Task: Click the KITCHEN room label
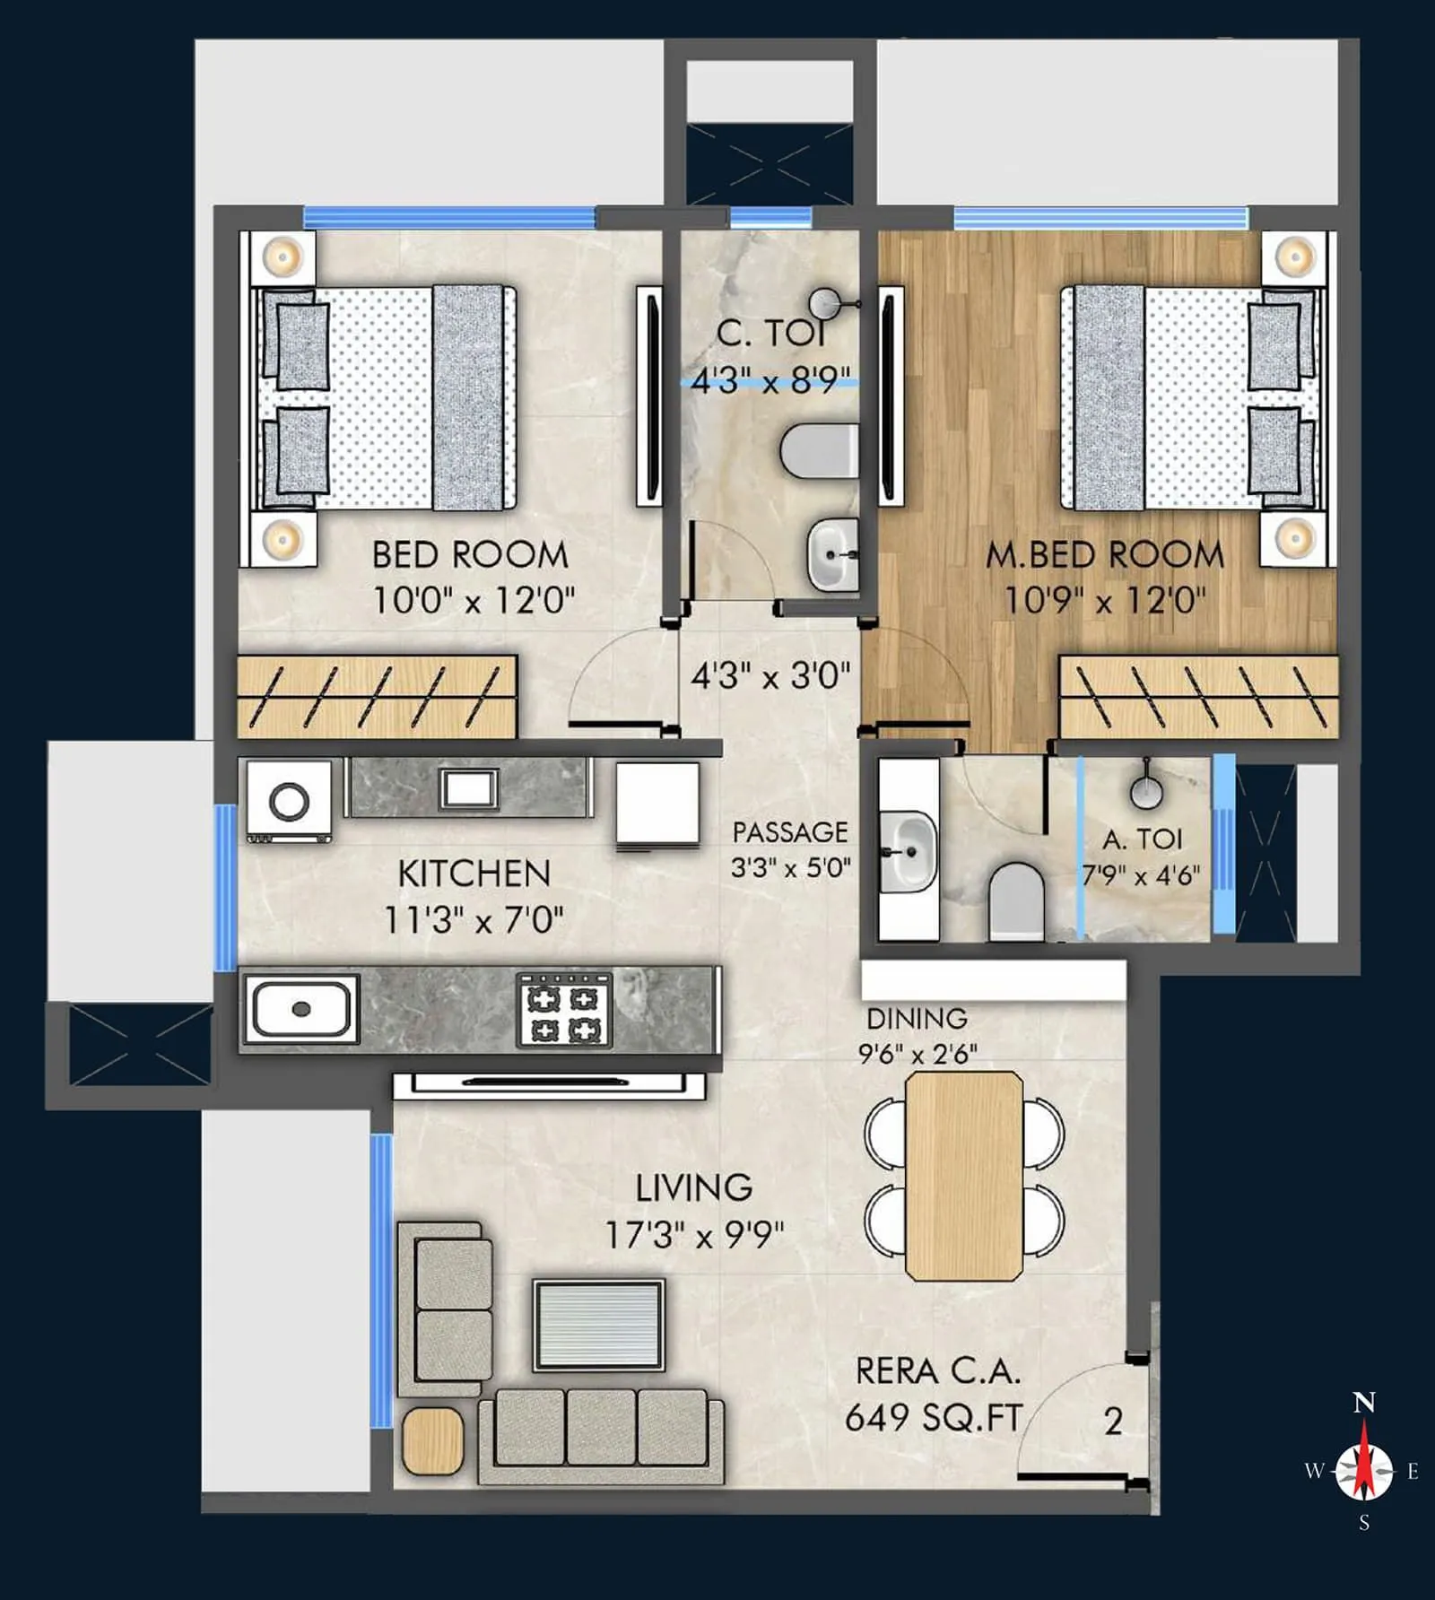pyautogui.click(x=474, y=874)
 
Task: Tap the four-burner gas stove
pyautogui.click(x=564, y=1011)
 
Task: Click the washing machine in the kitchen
pyautogui.click(x=289, y=801)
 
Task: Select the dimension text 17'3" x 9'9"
pyautogui.click(x=694, y=1235)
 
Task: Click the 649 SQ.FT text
pyautogui.click(x=933, y=1418)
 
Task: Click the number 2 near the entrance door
pyautogui.click(x=1113, y=1421)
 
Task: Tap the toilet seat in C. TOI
pyautogui.click(x=817, y=451)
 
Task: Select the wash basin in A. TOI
pyautogui.click(x=908, y=850)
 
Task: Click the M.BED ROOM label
pyautogui.click(x=1104, y=555)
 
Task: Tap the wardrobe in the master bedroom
pyautogui.click(x=1198, y=698)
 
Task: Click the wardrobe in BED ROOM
pyautogui.click(x=377, y=698)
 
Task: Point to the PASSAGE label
pyautogui.click(x=789, y=832)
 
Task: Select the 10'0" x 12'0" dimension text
pyautogui.click(x=474, y=600)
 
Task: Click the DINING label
pyautogui.click(x=917, y=1019)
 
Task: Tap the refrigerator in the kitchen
pyautogui.click(x=657, y=804)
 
